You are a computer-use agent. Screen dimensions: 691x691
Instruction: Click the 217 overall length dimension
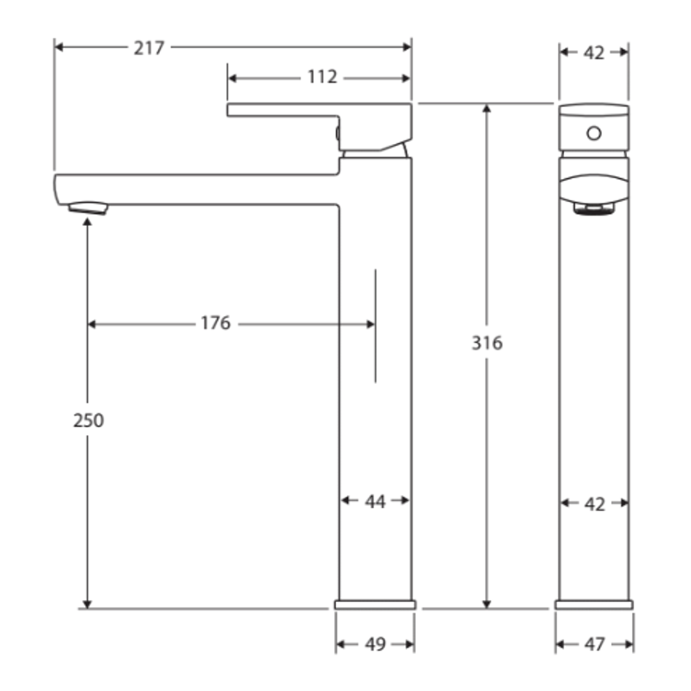tap(148, 48)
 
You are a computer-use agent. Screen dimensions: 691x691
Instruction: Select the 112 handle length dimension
tap(322, 77)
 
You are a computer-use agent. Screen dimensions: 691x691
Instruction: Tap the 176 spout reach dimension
tap(215, 324)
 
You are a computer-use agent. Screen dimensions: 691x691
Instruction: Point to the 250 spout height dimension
tap(88, 421)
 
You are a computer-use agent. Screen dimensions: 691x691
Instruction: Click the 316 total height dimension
tap(487, 344)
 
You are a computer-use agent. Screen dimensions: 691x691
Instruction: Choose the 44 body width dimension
tap(375, 502)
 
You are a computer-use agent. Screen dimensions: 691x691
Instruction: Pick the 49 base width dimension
tap(375, 645)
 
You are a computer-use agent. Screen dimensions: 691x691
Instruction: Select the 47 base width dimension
tap(594, 645)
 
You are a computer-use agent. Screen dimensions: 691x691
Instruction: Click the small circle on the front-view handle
tap(594, 133)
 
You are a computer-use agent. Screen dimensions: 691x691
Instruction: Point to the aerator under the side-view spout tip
tap(88, 208)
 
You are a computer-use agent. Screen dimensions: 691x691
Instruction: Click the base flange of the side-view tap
tap(375, 605)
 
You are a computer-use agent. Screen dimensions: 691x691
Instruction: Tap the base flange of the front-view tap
tap(594, 605)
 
